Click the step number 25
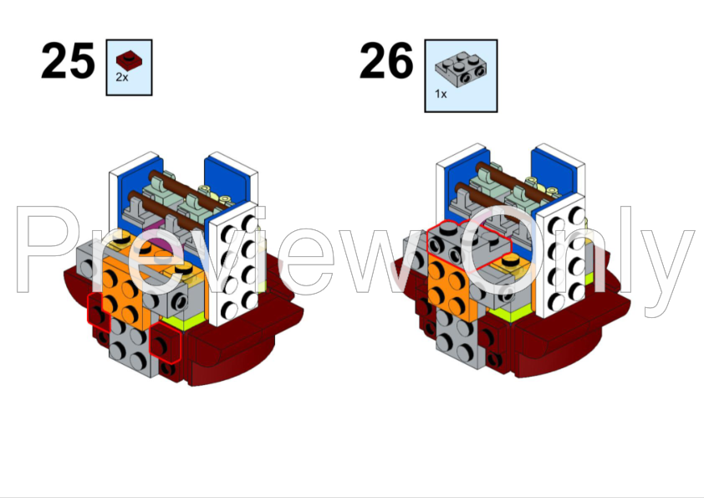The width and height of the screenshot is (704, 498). pos(68,60)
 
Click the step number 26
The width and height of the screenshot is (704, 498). pos(386,60)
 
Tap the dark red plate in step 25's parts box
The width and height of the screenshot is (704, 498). pos(130,59)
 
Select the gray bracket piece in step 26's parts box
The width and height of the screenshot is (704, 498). pos(461,69)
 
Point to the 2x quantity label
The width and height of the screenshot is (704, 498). pos(122,77)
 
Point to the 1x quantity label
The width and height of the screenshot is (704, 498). pos(441,94)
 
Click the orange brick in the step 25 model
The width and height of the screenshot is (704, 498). pos(121,289)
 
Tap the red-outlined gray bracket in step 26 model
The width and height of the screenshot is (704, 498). pos(467,246)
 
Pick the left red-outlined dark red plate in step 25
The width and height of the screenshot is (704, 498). pos(99,311)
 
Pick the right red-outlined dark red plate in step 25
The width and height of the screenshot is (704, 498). pos(165,342)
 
